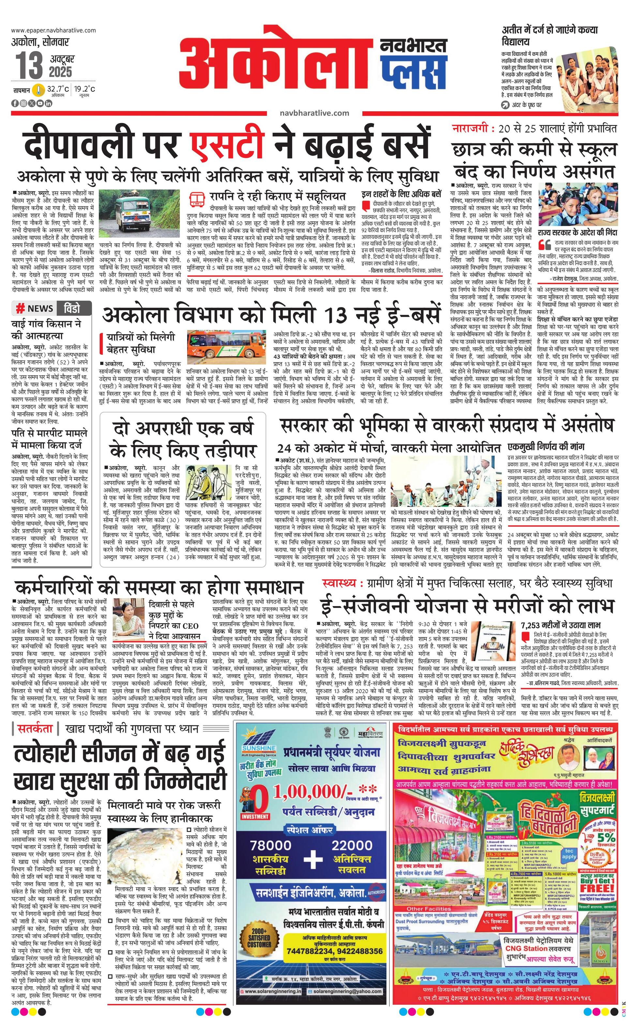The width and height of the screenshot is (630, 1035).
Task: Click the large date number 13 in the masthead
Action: coord(29,66)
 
